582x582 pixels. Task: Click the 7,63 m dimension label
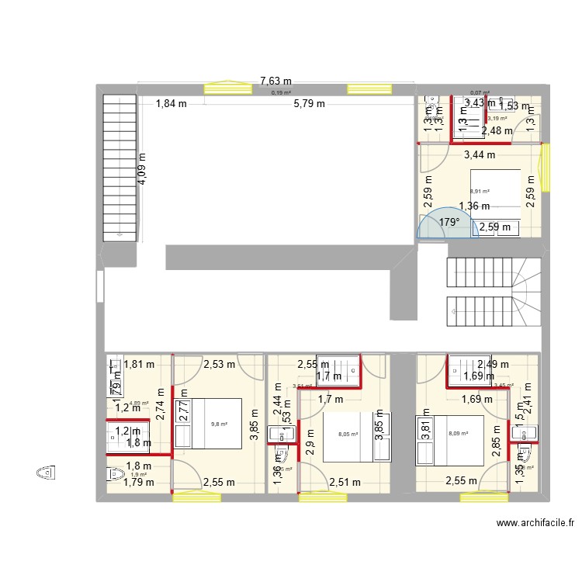tap(275, 80)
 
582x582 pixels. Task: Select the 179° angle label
tap(449, 222)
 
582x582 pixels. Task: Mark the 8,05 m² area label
tap(348, 435)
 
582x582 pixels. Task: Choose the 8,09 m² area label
tap(458, 433)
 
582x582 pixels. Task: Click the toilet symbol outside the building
tap(46, 471)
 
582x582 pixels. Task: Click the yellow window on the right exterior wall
tap(548, 167)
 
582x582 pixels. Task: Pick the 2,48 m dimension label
tap(497, 131)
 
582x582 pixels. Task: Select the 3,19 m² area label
tap(497, 118)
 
